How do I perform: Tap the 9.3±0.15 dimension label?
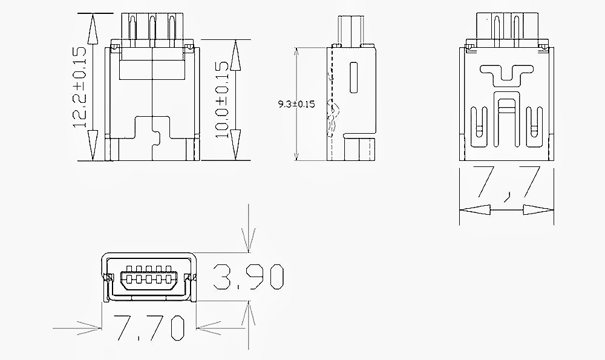296,104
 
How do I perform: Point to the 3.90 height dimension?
249,277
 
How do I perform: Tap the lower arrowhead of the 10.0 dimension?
236,145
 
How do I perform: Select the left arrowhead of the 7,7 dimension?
476,211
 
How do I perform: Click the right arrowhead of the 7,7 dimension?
537,211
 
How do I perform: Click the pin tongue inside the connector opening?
148,279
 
